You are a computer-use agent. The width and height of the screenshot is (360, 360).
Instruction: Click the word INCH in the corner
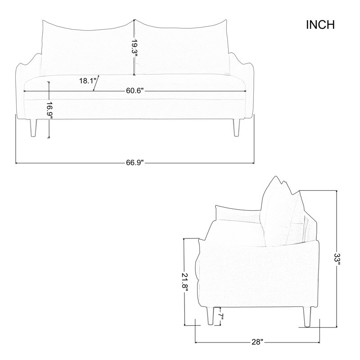320,25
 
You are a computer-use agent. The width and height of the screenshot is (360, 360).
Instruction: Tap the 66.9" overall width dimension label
135,162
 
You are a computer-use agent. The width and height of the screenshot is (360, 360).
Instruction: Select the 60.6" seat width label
135,91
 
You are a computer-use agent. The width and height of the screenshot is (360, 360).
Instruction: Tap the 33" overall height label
337,259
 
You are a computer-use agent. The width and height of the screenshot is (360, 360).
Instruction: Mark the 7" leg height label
220,317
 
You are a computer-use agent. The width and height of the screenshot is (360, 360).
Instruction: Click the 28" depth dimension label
256,342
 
